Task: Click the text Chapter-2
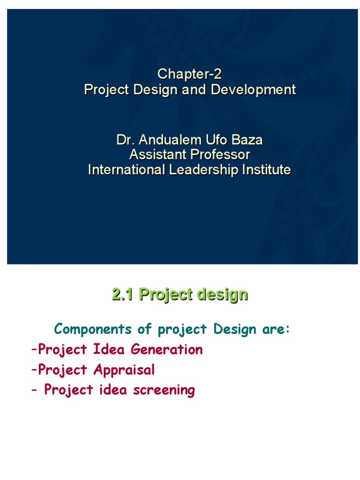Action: tap(189, 74)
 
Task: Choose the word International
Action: tap(126, 170)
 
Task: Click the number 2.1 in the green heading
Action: tap(123, 295)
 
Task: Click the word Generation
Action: tap(167, 349)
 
